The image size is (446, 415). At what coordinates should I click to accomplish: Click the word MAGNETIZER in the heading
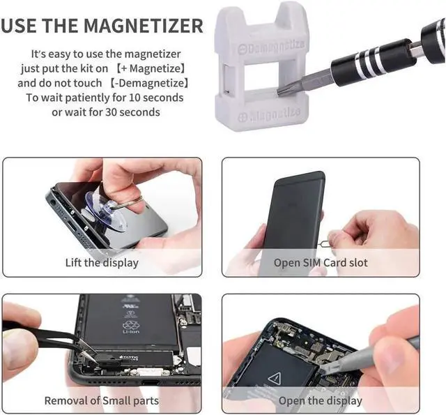pos(144,26)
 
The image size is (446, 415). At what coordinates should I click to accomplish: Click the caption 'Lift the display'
pos(102,262)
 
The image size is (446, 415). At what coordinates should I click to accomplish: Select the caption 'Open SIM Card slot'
pos(321,262)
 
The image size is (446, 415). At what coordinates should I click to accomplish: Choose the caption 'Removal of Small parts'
pos(102,400)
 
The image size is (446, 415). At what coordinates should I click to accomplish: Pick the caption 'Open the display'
pos(321,400)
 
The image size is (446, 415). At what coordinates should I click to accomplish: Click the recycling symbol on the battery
pos(131,324)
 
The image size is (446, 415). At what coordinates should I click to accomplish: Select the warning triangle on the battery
pos(275,379)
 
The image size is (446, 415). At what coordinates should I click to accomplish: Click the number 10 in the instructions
pos(134,98)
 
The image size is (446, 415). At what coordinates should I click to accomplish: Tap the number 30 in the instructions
pos(111,112)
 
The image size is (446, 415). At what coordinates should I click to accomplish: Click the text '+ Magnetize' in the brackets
pos(151,68)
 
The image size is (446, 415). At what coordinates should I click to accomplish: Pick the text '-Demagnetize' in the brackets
pos(149,83)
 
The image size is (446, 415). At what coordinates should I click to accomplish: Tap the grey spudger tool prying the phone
pos(370,356)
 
